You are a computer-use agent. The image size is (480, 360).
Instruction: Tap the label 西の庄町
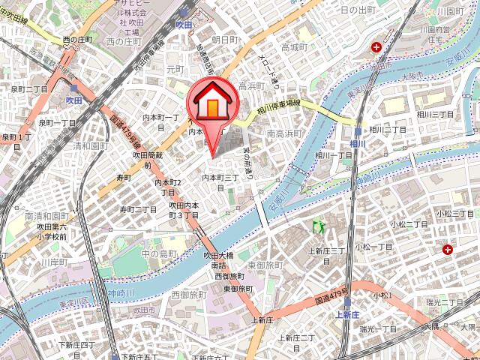(x=77, y=38)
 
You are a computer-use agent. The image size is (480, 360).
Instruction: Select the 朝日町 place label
(x=224, y=39)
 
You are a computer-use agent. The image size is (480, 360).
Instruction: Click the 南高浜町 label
(x=284, y=133)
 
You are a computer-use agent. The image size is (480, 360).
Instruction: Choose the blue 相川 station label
(x=357, y=142)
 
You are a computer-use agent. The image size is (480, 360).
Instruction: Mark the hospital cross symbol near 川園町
(x=376, y=48)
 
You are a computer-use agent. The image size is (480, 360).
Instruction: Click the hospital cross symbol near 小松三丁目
(x=448, y=249)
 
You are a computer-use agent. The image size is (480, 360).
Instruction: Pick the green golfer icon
(x=317, y=225)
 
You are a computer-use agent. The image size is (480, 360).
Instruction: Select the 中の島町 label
(x=160, y=253)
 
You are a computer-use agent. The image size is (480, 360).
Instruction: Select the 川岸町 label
(x=54, y=262)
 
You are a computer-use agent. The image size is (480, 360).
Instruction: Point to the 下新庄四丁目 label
(x=76, y=345)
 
